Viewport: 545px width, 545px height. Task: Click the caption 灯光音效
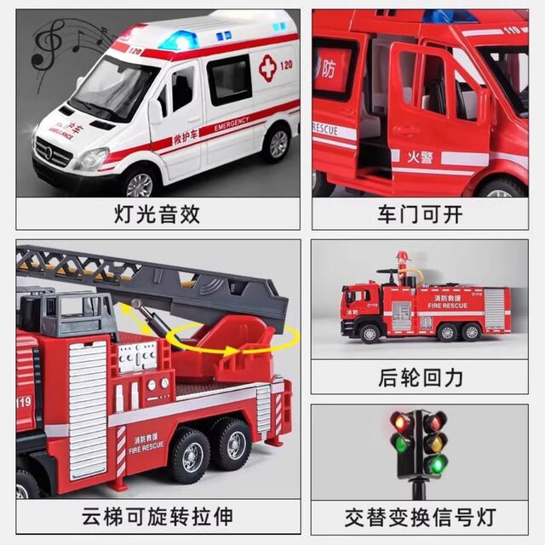coord(157,214)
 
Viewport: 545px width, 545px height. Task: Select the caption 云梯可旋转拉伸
coord(157,517)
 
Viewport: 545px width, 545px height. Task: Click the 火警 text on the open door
coord(418,156)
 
